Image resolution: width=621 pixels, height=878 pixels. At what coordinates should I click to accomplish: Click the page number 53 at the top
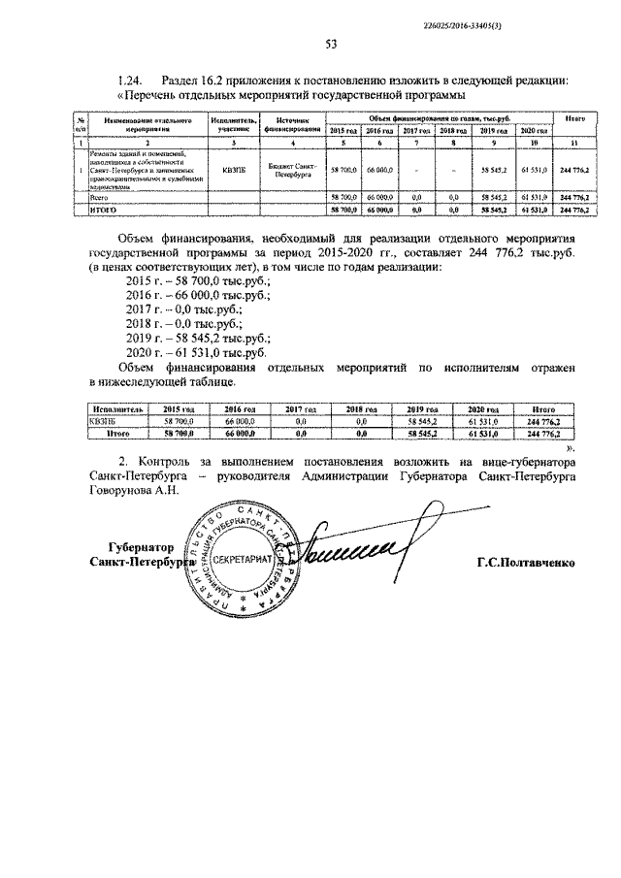click(x=330, y=44)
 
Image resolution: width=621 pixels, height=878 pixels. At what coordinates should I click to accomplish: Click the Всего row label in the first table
click(x=98, y=196)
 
